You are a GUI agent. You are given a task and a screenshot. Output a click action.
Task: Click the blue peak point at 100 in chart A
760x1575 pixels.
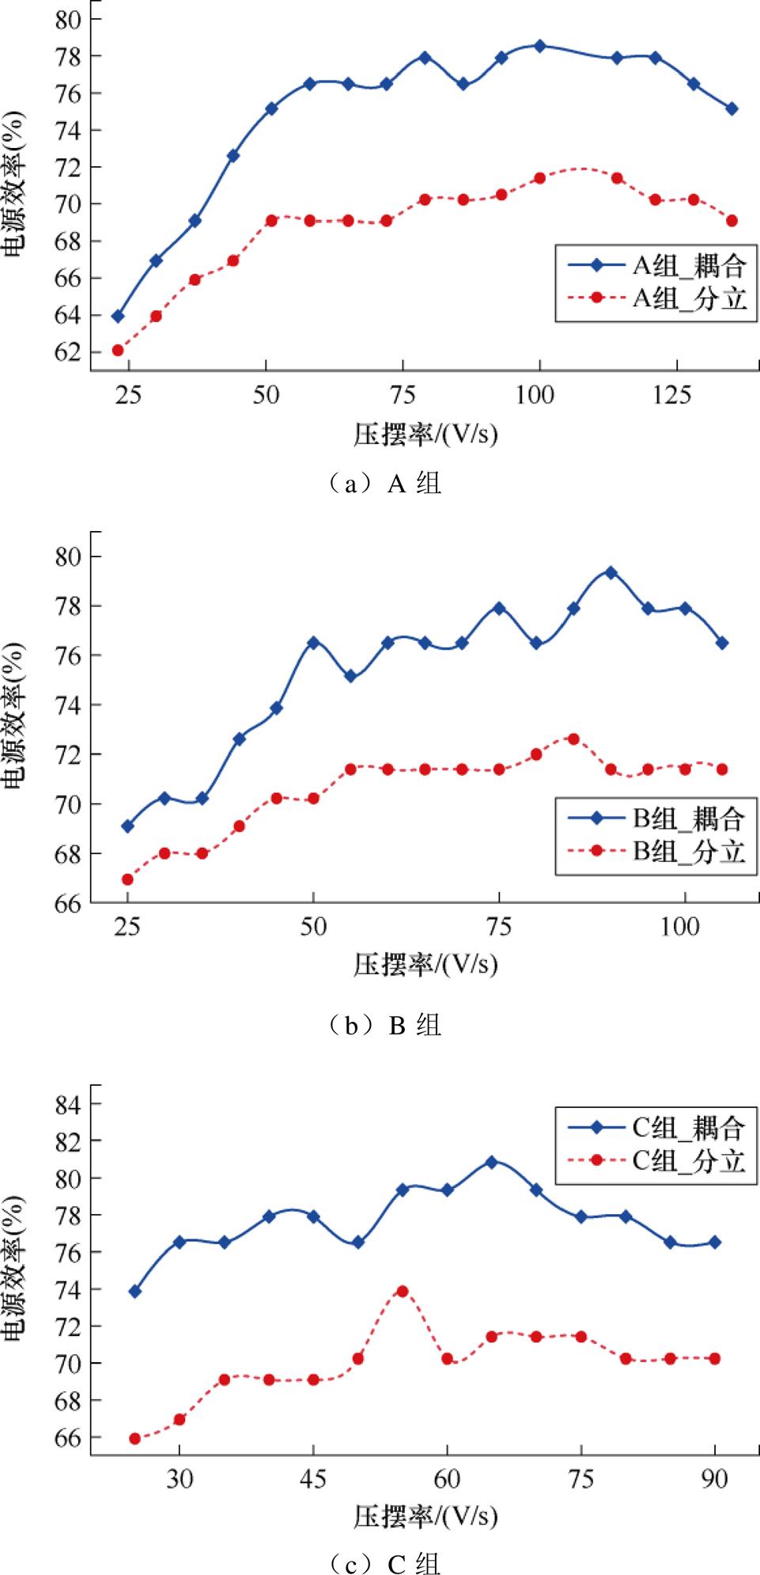pos(539,46)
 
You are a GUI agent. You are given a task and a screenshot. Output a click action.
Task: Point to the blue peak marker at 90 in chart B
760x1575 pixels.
pos(611,572)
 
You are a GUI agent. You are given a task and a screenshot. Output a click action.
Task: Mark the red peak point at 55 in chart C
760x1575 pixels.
pos(402,1291)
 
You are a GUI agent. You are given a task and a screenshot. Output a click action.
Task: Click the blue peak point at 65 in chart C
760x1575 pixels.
pos(491,1162)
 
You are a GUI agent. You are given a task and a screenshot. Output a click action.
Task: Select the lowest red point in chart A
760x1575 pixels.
pos(118,350)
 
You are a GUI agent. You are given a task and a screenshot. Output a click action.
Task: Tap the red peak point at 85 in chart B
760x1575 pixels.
pos(573,738)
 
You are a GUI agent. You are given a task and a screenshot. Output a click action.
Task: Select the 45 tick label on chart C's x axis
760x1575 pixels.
pos(313,1479)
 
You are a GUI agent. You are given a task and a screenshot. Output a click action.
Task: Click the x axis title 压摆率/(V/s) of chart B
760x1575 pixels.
pos(425,964)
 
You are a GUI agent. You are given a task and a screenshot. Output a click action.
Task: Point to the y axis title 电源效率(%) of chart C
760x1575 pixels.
pos(16,1267)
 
